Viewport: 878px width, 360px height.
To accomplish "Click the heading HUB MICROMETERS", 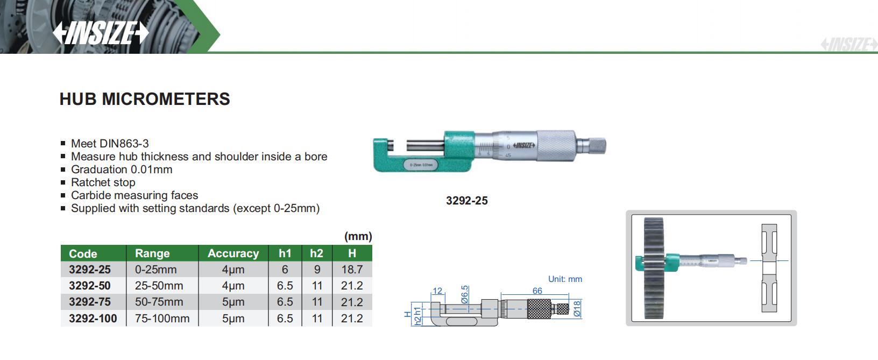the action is [145, 99].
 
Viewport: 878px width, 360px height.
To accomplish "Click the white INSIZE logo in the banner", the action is [101, 32].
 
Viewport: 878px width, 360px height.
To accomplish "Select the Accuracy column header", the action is [233, 253].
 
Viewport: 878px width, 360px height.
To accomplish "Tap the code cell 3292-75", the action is [90, 302].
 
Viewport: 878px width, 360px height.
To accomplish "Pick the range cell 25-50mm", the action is [159, 286].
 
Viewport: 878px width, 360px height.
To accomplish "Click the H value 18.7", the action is [352, 270].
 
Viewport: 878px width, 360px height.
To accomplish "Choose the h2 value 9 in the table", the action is [317, 270].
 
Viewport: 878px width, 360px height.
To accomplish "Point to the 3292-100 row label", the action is [93, 319].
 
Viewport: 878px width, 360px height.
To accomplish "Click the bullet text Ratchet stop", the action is [103, 182].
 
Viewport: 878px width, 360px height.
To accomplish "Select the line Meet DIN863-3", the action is [110, 144].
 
